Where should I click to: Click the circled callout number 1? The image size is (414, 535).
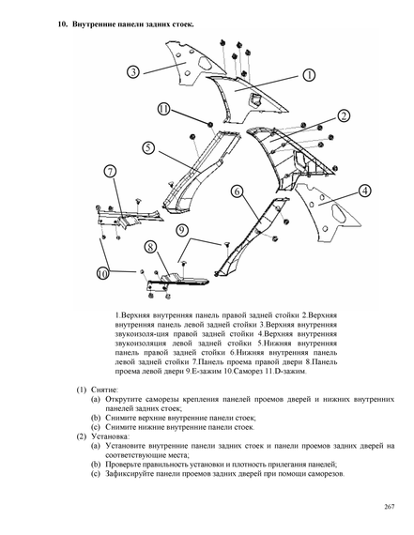click(309, 75)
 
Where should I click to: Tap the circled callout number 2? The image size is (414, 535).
click(344, 116)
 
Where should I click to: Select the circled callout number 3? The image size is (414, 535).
click(133, 72)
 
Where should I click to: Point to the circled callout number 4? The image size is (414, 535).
click(365, 191)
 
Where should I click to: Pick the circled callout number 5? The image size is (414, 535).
click(148, 147)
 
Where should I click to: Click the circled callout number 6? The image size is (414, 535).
click(238, 191)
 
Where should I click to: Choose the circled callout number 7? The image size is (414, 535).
click(110, 171)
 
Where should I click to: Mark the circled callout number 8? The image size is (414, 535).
click(150, 247)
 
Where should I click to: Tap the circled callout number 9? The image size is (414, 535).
click(182, 230)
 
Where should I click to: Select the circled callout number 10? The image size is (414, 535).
click(102, 273)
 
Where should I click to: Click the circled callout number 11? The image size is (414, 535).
click(164, 109)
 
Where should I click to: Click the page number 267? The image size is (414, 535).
click(389, 507)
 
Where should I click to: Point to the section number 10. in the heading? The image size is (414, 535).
click(63, 24)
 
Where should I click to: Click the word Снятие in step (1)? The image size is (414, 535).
click(104, 390)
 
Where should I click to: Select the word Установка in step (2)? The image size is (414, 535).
click(110, 436)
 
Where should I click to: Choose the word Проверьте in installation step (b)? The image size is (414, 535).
click(122, 465)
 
